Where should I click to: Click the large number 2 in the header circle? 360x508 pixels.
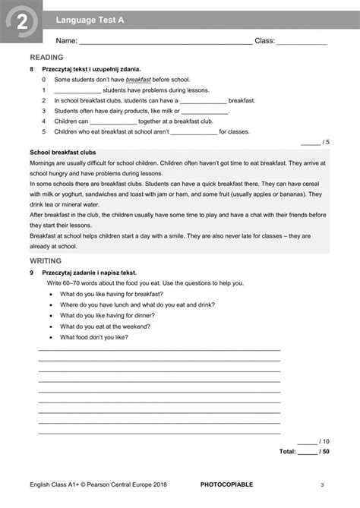21,26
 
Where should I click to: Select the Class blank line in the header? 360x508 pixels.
302,43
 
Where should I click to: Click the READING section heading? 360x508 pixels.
46,58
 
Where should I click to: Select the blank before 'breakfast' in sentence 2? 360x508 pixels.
203,100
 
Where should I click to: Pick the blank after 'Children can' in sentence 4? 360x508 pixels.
114,121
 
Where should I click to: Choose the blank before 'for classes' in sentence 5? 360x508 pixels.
194,131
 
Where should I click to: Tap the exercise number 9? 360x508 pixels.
31,272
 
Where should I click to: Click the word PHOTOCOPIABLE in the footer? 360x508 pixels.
227,484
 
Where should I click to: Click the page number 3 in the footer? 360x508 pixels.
322,484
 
